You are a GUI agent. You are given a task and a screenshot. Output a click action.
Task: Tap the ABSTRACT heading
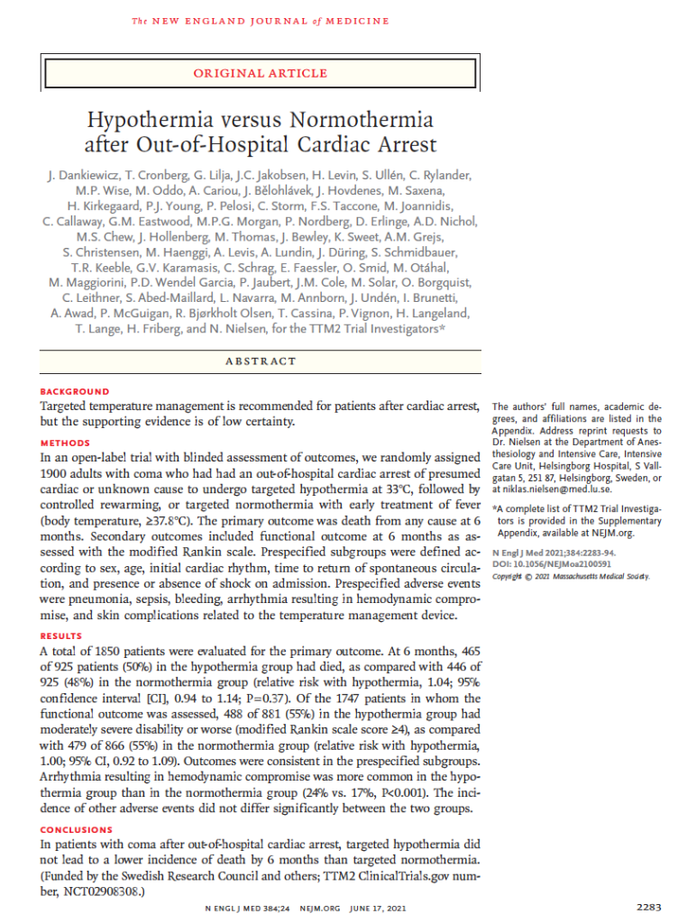tap(260, 361)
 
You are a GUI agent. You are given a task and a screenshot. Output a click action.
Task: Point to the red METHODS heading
tap(66, 443)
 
